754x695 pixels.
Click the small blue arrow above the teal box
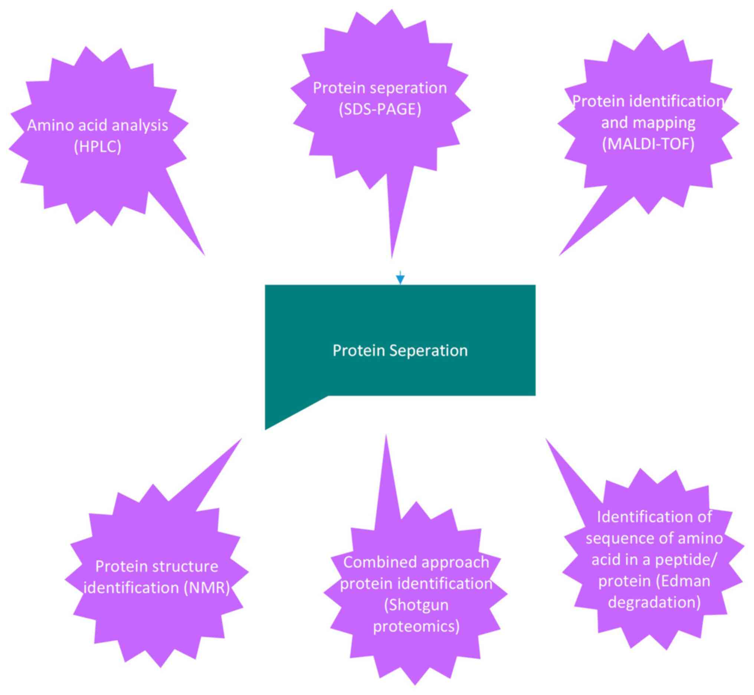pyautogui.click(x=400, y=279)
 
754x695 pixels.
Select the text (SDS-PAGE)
pyautogui.click(x=380, y=109)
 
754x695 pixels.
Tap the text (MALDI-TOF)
pyautogui.click(x=648, y=144)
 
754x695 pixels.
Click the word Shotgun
pyautogui.click(x=416, y=605)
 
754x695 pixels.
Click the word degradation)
pyautogui.click(x=654, y=602)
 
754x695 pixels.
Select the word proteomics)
pyautogui.click(x=416, y=626)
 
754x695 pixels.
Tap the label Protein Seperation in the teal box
pyautogui.click(x=400, y=350)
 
